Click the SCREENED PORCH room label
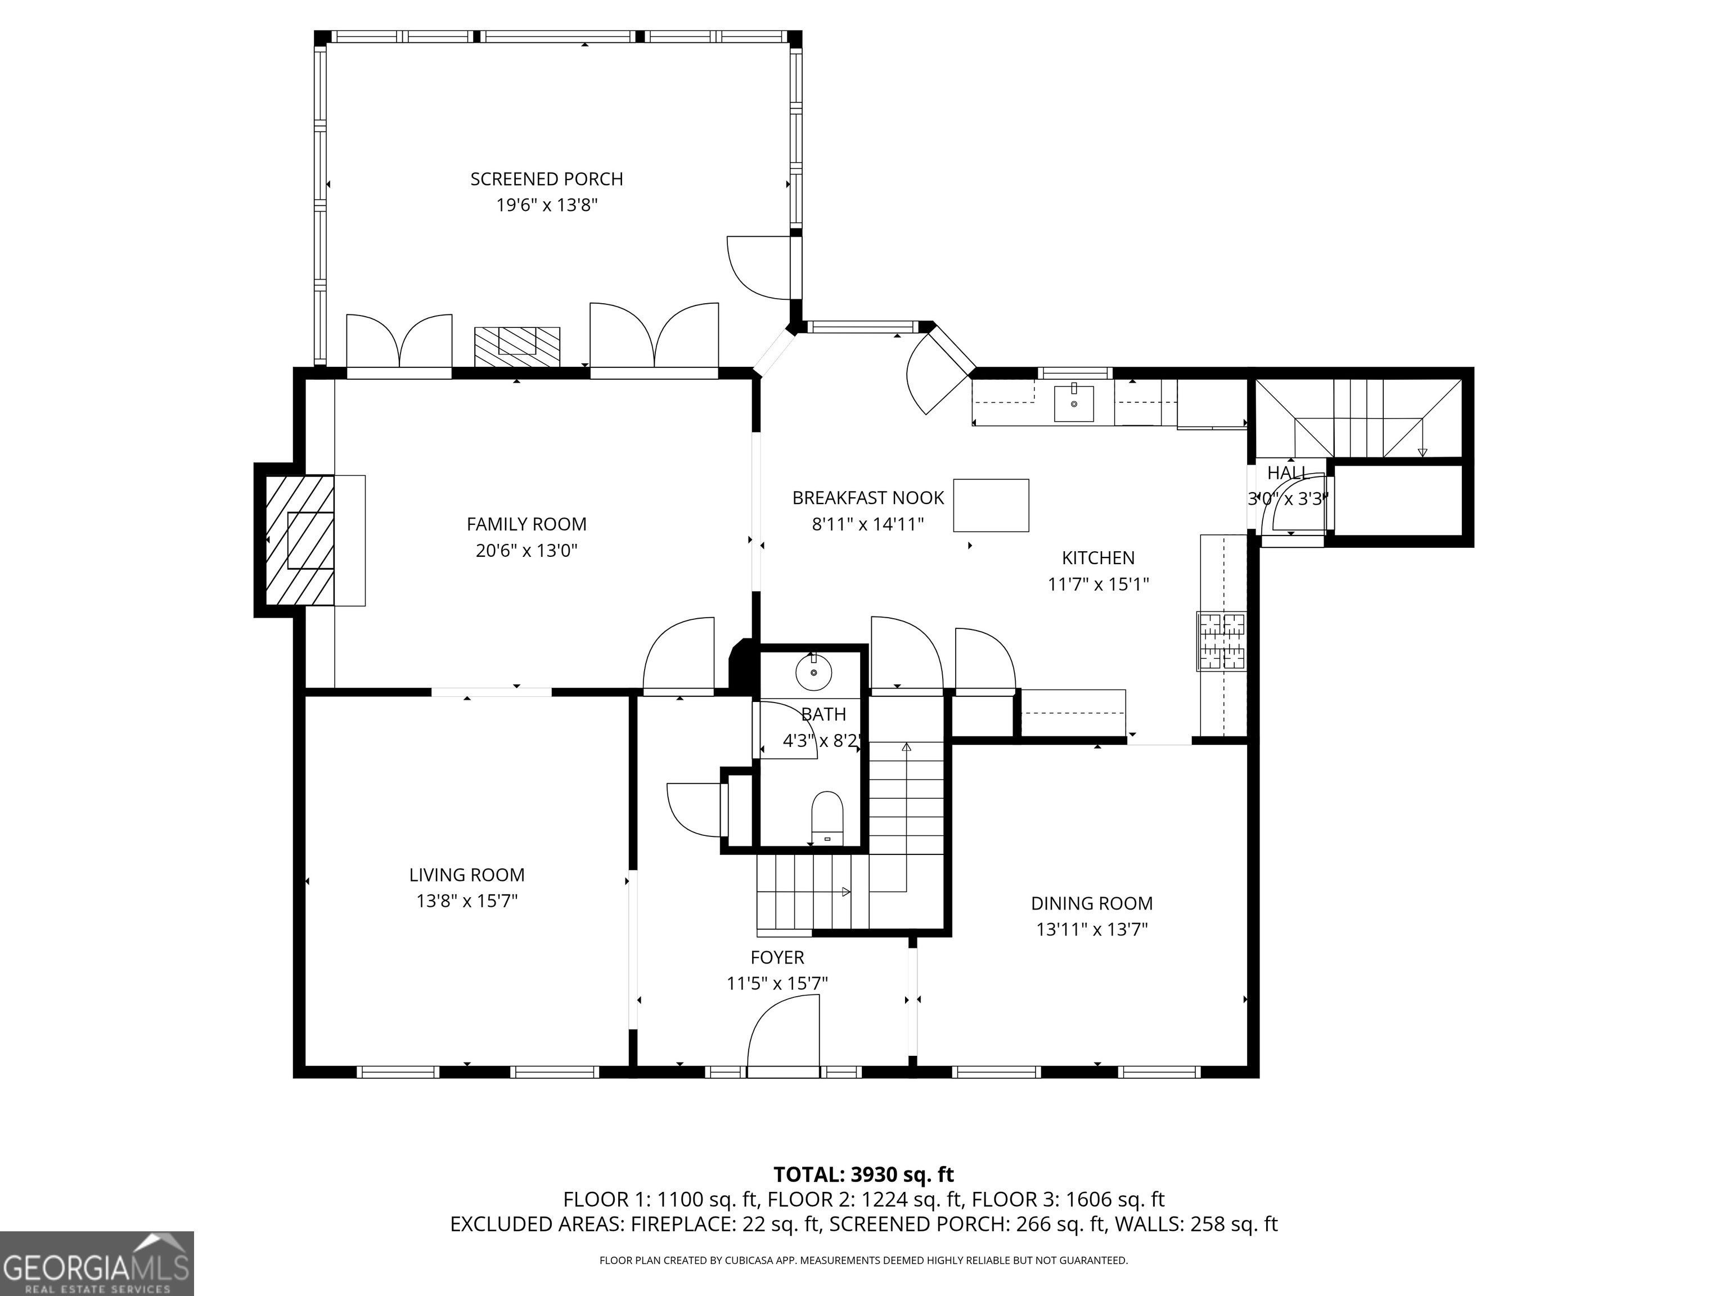coord(547,179)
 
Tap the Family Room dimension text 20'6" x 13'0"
coord(526,551)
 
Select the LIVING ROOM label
coord(467,875)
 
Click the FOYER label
coord(777,957)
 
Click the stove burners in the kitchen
coord(1222,641)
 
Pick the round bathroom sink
coord(814,672)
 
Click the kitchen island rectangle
coord(991,506)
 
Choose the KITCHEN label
coord(1099,558)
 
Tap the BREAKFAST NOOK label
coord(868,498)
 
